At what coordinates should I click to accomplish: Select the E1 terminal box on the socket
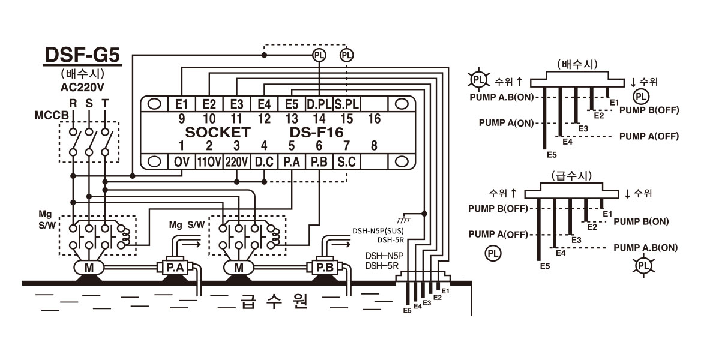coord(181,104)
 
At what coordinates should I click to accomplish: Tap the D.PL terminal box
coord(319,104)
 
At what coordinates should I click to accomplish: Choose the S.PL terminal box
coord(346,104)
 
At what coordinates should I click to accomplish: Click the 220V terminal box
coord(236,161)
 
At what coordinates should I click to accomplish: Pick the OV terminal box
coord(181,161)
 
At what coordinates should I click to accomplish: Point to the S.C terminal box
coord(346,161)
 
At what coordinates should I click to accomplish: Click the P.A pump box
coord(175,268)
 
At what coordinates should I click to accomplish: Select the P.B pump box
coord(325,268)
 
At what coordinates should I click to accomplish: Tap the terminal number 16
coord(374,119)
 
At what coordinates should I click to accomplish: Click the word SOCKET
coord(218,133)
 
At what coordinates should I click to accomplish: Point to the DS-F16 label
coord(316,133)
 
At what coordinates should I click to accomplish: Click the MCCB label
coord(52,116)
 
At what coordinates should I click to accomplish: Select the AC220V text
coord(85,87)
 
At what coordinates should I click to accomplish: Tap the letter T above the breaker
coord(105,104)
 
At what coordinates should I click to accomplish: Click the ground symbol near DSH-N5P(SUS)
coord(404,218)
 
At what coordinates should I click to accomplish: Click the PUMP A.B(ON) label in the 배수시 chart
coord(502,97)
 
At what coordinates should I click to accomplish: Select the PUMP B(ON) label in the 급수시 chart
coord(641,221)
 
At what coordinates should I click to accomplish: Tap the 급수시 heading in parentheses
coord(571,175)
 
